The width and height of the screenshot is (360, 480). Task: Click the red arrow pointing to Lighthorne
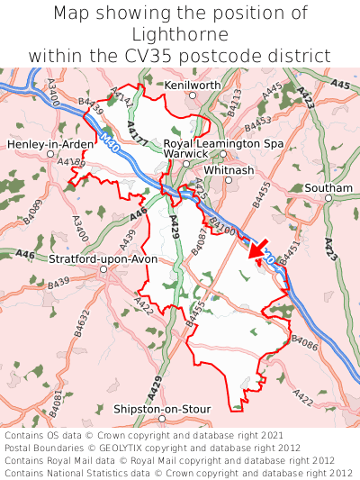click(256, 247)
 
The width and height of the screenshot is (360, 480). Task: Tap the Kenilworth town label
click(193, 85)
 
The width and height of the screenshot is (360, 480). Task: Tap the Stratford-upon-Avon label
click(103, 258)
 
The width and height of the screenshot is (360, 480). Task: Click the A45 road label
click(339, 85)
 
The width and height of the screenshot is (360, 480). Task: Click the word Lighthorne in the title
click(180, 34)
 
